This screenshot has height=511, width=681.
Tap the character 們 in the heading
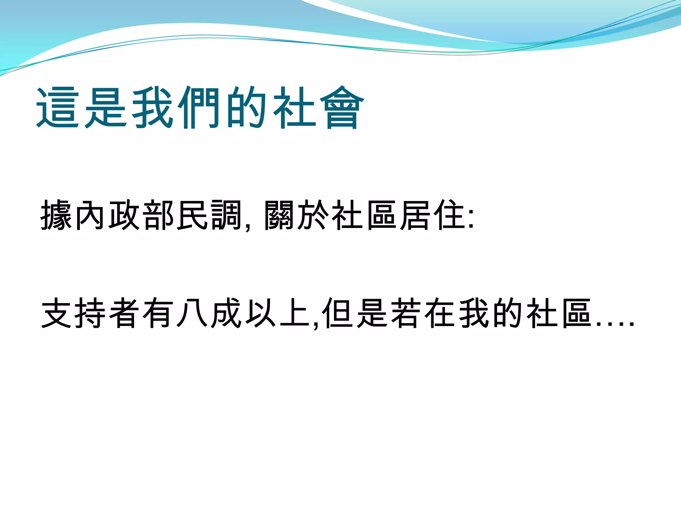[x=199, y=107]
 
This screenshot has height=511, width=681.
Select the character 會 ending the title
[x=342, y=107]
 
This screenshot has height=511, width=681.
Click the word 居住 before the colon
[x=432, y=215]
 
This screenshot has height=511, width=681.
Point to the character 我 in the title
[x=152, y=107]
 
